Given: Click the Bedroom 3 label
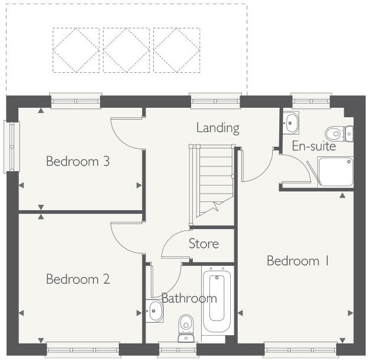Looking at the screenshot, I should [78, 161].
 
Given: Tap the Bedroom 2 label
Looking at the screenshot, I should [78, 279].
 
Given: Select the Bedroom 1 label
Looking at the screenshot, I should [298, 261].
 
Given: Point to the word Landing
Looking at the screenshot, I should [218, 127].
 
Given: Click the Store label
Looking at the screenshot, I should [204, 243].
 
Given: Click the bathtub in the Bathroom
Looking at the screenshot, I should [218, 302].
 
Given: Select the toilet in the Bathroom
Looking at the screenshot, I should [186, 327].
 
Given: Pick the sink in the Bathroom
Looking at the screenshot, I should [155, 310].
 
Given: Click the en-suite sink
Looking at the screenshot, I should [290, 123].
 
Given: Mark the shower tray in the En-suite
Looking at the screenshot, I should [335, 172].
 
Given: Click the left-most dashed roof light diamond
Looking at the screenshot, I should [76, 50].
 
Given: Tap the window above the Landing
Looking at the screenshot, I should [215, 102].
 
